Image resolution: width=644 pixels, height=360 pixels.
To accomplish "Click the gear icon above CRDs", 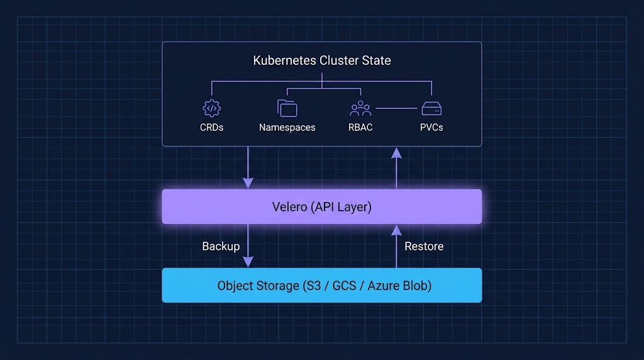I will (x=211, y=108).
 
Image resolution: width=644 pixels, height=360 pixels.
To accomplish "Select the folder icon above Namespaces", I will (x=287, y=108).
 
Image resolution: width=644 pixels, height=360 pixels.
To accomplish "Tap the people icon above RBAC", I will (x=360, y=108).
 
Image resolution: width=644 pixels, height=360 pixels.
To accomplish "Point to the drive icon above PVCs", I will (x=431, y=108).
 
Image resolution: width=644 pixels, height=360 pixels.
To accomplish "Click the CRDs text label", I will (x=211, y=127).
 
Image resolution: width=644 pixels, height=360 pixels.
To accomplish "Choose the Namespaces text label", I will (x=287, y=127).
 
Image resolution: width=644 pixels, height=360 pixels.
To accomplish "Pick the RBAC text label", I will (x=360, y=127).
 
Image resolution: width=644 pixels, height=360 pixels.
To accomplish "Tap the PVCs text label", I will (x=431, y=127).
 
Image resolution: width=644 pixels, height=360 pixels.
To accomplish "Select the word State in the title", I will (x=376, y=61).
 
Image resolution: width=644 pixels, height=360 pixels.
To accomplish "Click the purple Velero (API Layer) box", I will (x=322, y=206).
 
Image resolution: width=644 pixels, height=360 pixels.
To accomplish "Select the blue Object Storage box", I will (x=322, y=285).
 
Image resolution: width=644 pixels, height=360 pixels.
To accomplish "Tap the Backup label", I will (x=221, y=246).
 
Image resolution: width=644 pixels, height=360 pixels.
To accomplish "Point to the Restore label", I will (x=424, y=246).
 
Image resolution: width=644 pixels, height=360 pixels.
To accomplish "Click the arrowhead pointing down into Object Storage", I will (x=248, y=262).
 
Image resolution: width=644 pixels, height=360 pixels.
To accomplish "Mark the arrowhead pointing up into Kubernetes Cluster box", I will (x=396, y=152).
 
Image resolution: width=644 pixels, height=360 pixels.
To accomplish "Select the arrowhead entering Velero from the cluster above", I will (x=248, y=183).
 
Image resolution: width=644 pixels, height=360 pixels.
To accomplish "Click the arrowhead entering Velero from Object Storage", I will (x=396, y=230).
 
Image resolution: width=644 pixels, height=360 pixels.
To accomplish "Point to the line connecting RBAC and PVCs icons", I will (x=396, y=108).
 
